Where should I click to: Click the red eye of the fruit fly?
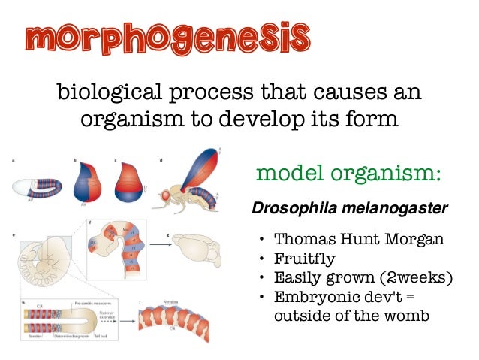(x=161, y=196)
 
